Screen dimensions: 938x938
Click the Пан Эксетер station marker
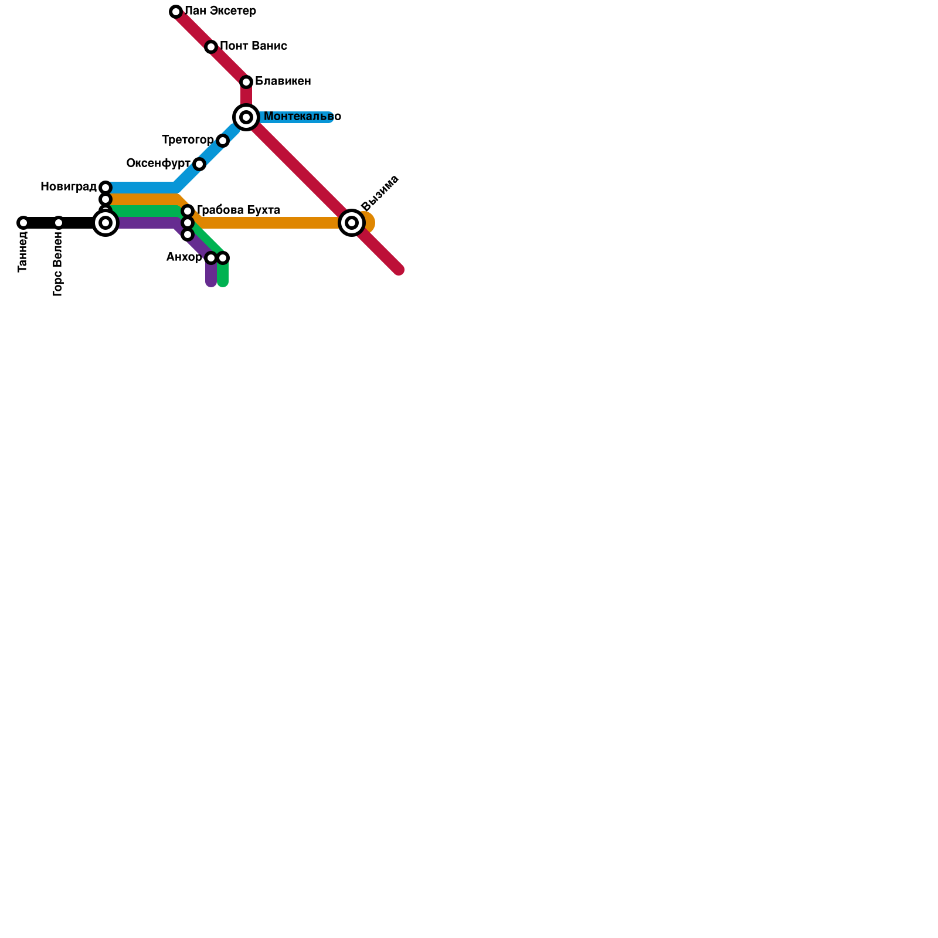click(176, 12)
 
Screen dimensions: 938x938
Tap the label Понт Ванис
click(253, 46)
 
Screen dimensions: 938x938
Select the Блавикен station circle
click(246, 82)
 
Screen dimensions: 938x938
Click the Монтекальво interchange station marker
click(246, 117)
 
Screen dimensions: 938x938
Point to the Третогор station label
click(188, 140)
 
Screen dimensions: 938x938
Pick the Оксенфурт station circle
click(199, 164)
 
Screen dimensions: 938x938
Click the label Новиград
click(69, 187)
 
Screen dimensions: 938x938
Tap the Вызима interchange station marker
click(352, 223)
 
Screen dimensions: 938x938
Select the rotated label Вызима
click(380, 192)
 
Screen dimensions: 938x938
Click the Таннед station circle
click(23, 223)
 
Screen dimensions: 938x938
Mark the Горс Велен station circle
click(59, 223)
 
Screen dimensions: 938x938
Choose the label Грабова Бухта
click(238, 210)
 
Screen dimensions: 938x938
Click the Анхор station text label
click(184, 257)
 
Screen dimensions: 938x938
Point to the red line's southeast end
click(399, 270)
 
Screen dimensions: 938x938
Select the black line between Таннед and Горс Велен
click(41, 223)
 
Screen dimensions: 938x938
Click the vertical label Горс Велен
click(57, 264)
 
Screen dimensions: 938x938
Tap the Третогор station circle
click(223, 141)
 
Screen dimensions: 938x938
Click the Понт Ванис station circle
click(211, 47)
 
